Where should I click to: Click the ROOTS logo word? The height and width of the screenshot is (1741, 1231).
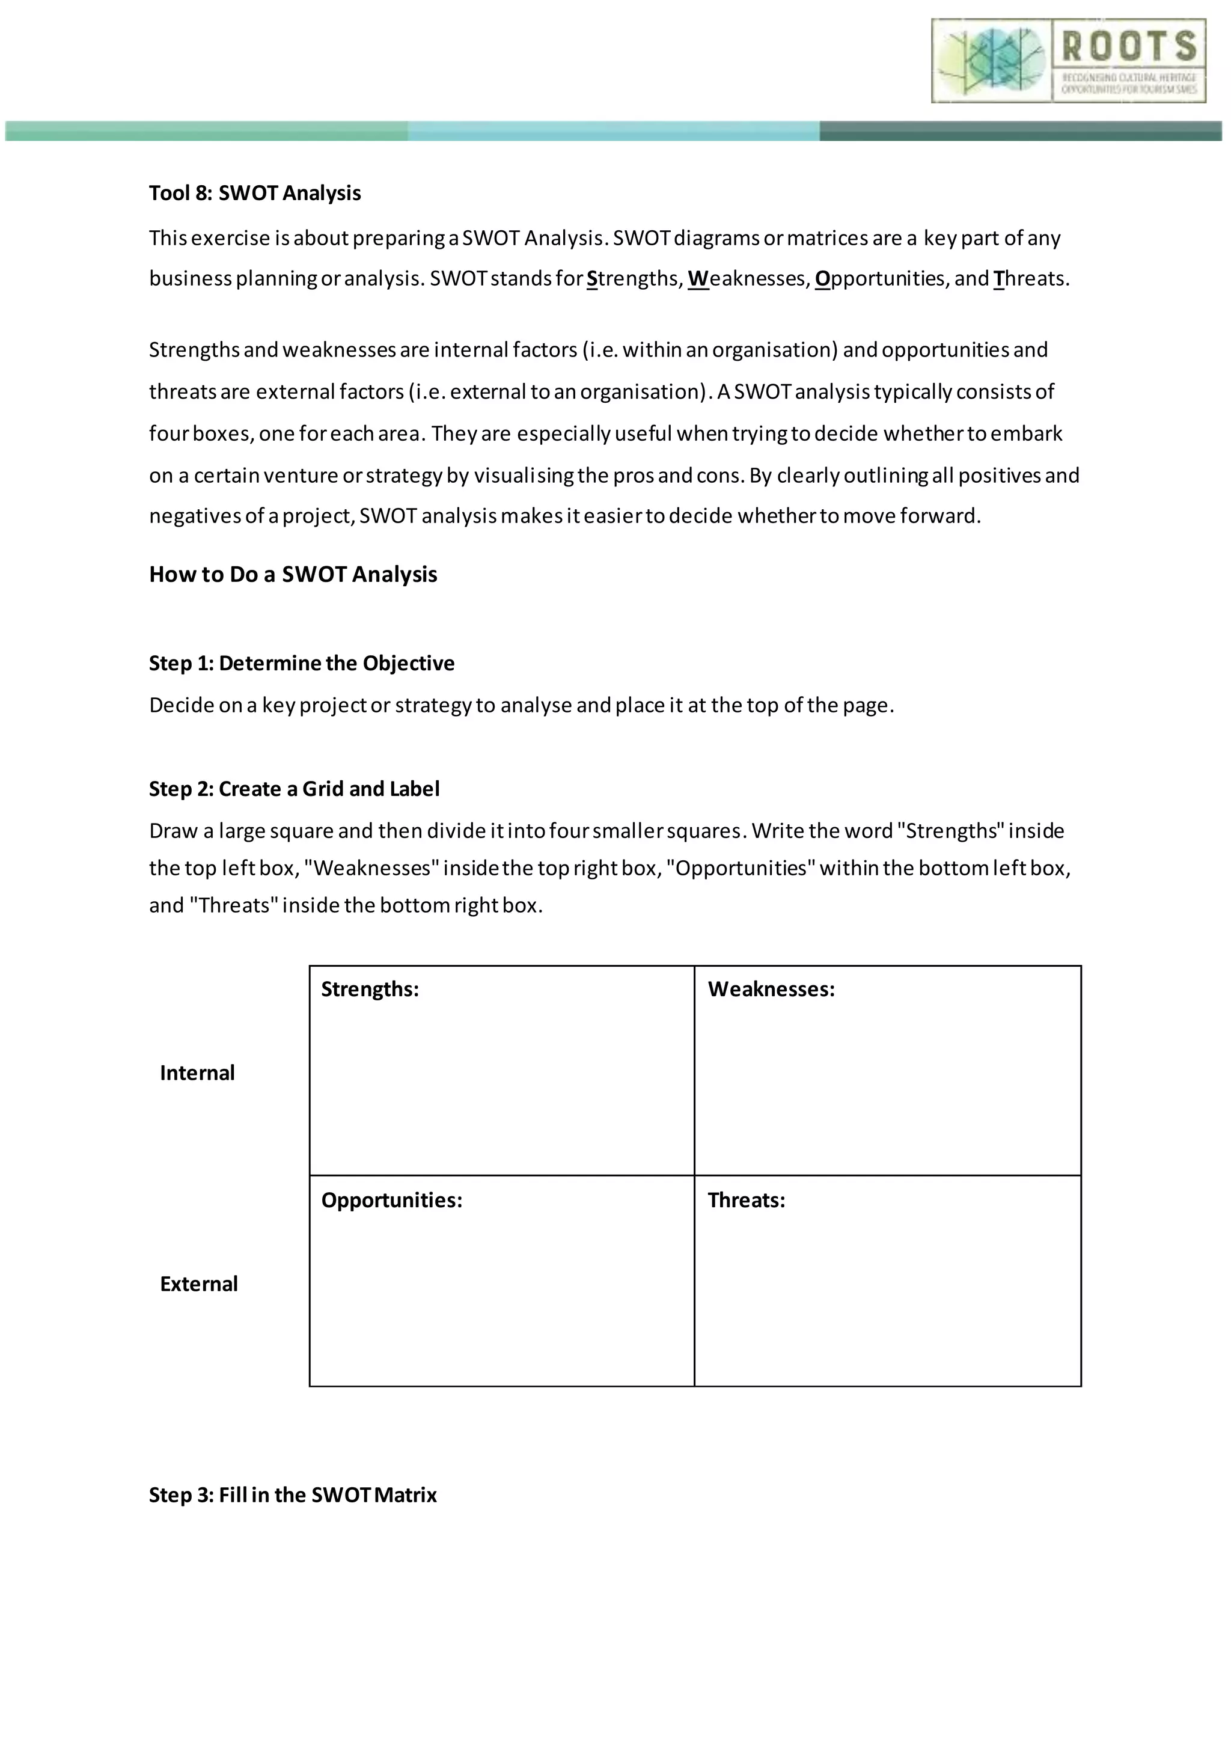[1128, 46]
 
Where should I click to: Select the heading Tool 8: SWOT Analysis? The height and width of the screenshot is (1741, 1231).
[255, 194]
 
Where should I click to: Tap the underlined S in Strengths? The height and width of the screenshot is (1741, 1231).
[592, 279]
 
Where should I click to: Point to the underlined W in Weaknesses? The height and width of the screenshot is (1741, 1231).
[697, 279]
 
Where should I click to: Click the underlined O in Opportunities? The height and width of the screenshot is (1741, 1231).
[822, 279]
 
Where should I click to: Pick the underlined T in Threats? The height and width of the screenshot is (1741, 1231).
[998, 279]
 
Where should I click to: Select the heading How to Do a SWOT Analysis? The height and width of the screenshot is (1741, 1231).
[293, 574]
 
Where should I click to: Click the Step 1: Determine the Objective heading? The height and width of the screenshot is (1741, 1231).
[302, 664]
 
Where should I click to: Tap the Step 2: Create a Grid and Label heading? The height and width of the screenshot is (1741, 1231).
[294, 789]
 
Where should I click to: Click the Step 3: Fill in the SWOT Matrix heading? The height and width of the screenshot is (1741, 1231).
[293, 1495]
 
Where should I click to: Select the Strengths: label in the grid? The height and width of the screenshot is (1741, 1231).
[370, 990]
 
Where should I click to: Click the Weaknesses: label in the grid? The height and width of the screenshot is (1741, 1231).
[771, 990]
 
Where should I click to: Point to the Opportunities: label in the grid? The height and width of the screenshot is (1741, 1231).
[391, 1201]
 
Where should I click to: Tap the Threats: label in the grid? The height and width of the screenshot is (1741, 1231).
[746, 1201]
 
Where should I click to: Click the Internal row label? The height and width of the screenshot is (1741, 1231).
[197, 1073]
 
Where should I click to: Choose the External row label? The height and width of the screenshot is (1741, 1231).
[198, 1284]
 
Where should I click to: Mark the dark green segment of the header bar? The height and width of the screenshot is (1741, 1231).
[1019, 131]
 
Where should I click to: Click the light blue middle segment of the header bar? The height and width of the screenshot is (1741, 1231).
[613, 131]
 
